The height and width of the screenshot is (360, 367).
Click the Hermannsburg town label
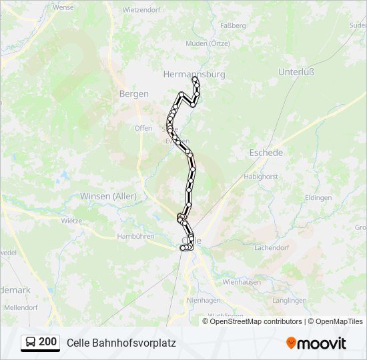click(194, 75)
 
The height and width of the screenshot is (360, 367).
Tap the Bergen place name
click(133, 94)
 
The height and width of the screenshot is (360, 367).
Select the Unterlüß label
click(296, 71)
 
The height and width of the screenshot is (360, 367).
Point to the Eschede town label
click(266, 153)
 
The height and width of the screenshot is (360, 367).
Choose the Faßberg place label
click(233, 25)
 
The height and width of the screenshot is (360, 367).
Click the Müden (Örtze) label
click(208, 43)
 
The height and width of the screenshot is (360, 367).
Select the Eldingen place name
click(318, 198)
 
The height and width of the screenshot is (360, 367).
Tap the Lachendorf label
click(270, 247)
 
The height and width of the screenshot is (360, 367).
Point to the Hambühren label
click(135, 236)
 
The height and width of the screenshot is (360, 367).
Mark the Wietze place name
click(71, 220)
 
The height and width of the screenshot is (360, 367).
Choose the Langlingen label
click(289, 300)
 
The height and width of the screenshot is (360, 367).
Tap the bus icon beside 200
click(31, 342)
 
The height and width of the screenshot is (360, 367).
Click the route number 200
click(47, 342)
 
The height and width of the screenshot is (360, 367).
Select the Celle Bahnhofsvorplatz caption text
click(121, 343)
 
